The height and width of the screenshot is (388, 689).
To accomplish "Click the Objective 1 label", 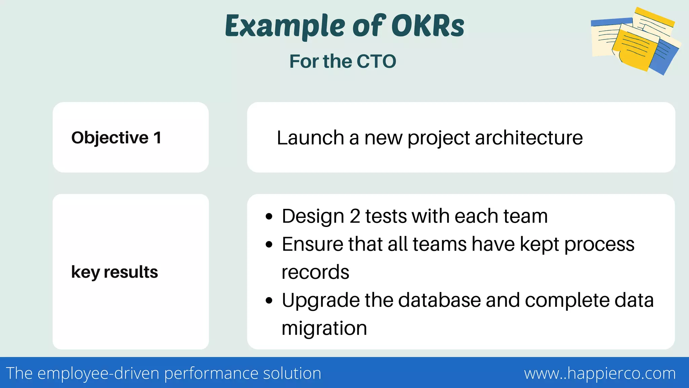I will pyautogui.click(x=116, y=138).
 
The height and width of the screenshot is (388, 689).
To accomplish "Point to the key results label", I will pyautogui.click(x=114, y=272).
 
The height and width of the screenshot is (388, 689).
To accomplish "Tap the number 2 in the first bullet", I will pyautogui.click(x=355, y=216).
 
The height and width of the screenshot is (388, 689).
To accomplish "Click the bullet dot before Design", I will pyautogui.click(x=268, y=217).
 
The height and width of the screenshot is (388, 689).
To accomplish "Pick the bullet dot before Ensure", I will pyautogui.click(x=268, y=245).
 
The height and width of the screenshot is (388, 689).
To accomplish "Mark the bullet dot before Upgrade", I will pyautogui.click(x=268, y=300).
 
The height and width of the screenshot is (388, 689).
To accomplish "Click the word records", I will pyautogui.click(x=315, y=272).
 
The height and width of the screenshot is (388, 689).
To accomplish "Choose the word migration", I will pyautogui.click(x=324, y=328).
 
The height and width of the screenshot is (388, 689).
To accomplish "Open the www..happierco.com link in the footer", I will pyautogui.click(x=600, y=374).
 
